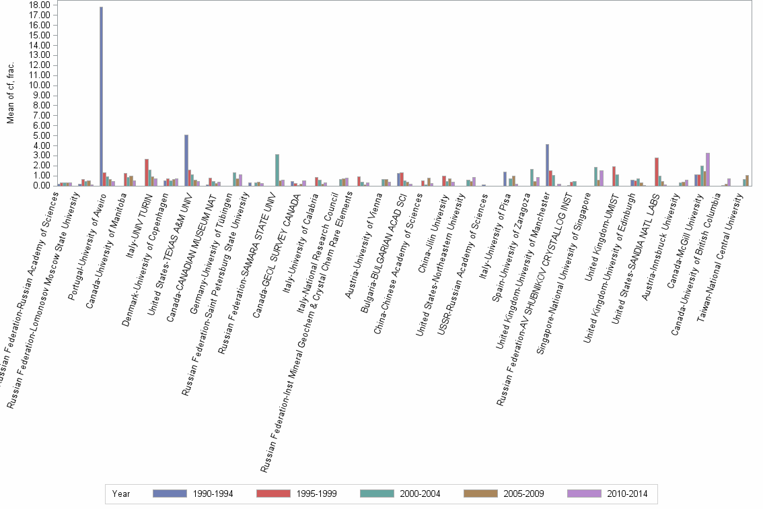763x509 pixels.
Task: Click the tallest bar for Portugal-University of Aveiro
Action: pyautogui.click(x=101, y=96)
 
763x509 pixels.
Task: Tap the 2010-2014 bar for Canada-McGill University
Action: pyautogui.click(x=707, y=169)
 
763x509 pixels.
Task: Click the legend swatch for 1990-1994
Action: pyautogui.click(x=174, y=494)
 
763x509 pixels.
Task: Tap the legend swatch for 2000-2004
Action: pyautogui.click(x=381, y=494)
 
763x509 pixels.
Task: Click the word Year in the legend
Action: pyautogui.click(x=122, y=494)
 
